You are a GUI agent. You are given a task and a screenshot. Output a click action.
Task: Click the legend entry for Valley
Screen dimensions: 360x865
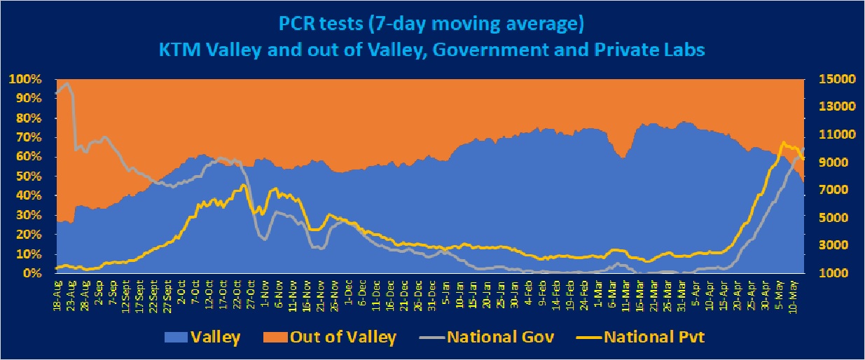tap(204, 338)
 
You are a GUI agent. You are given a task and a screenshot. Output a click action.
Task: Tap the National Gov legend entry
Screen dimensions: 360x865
tap(490, 338)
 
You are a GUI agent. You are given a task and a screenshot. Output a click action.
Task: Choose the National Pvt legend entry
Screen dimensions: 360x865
tap(643, 338)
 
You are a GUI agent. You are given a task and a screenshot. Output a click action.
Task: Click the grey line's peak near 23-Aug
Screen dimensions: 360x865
tap(67, 83)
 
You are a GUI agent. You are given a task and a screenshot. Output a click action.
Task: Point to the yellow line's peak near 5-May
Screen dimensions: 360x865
tap(782, 142)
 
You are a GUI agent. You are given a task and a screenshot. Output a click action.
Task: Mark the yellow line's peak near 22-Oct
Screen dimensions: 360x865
tap(243, 185)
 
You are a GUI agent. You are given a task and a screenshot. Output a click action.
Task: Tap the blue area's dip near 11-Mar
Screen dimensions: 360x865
tap(623, 158)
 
